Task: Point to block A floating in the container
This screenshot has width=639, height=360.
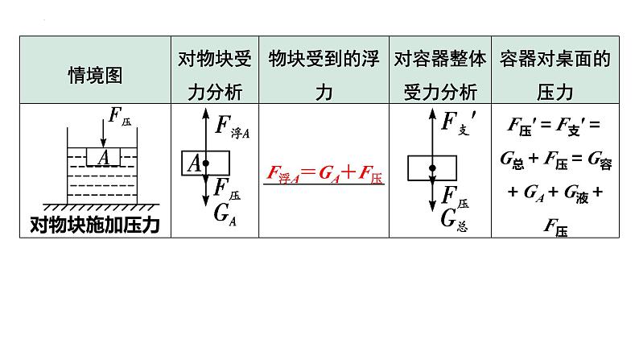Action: pos(103,158)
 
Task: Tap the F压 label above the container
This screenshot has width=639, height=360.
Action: pos(120,122)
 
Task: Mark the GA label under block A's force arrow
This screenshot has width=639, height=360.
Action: pos(226,214)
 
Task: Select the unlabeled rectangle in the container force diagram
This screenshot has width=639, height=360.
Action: pos(433,168)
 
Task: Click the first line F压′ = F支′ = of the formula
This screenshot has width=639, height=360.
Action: pos(555,126)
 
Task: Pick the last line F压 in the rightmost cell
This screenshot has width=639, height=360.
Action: pos(555,230)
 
